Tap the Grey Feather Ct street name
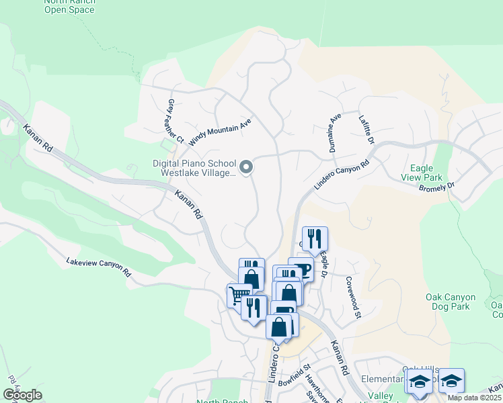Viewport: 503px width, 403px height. (174, 121)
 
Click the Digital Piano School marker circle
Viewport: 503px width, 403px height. (246, 167)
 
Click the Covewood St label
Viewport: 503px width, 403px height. (354, 297)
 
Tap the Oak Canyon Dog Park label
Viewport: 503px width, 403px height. (451, 302)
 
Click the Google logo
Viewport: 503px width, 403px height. (22, 395)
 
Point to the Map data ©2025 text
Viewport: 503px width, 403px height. (474, 398)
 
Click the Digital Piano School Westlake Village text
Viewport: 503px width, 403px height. (195, 168)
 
